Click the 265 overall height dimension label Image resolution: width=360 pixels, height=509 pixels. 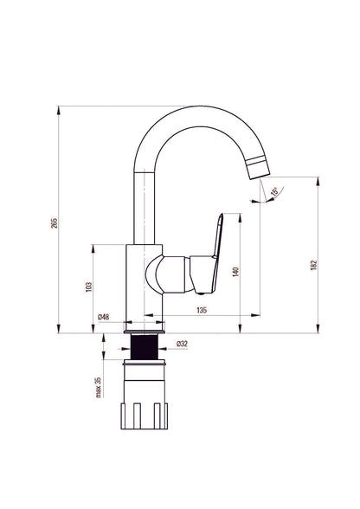pos(55,222)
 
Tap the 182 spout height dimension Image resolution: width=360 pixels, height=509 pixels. pos(313,265)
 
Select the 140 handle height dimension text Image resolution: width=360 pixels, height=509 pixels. pos(235,272)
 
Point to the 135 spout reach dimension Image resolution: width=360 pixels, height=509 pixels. pos(202,310)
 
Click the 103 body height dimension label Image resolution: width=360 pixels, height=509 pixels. pos(88,287)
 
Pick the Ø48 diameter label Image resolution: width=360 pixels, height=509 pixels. pos(104,317)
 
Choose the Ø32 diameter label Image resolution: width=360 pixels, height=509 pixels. pos(182,344)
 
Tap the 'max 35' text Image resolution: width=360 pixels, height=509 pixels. pos(99,387)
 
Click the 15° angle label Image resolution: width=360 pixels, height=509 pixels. pos(274,191)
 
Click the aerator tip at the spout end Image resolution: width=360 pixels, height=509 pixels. pos(259,167)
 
